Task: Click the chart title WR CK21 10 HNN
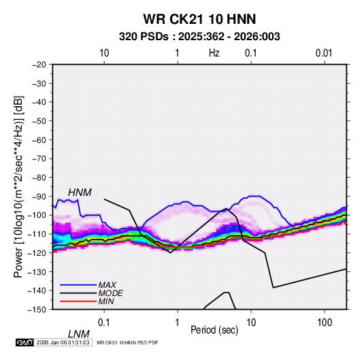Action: [x=199, y=19]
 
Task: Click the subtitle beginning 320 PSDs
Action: [x=199, y=37]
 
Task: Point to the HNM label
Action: [x=80, y=193]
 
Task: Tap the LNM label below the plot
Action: [x=79, y=334]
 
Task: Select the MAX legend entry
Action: [x=107, y=284]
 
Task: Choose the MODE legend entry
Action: [x=110, y=293]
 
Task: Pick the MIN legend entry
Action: [x=106, y=301]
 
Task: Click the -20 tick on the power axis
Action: [x=39, y=65]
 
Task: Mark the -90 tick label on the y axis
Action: [x=39, y=197]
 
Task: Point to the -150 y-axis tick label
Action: [x=37, y=310]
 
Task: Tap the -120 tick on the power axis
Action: [x=37, y=253]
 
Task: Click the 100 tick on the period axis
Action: [x=325, y=323]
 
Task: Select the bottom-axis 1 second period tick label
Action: [x=178, y=323]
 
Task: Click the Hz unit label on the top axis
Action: [x=214, y=53]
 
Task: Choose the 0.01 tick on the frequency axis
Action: [x=324, y=53]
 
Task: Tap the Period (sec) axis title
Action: [x=214, y=330]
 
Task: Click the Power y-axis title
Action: [x=18, y=186]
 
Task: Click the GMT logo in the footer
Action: [x=25, y=342]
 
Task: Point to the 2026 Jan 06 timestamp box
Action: [x=63, y=342]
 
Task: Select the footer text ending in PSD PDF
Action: [x=127, y=342]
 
